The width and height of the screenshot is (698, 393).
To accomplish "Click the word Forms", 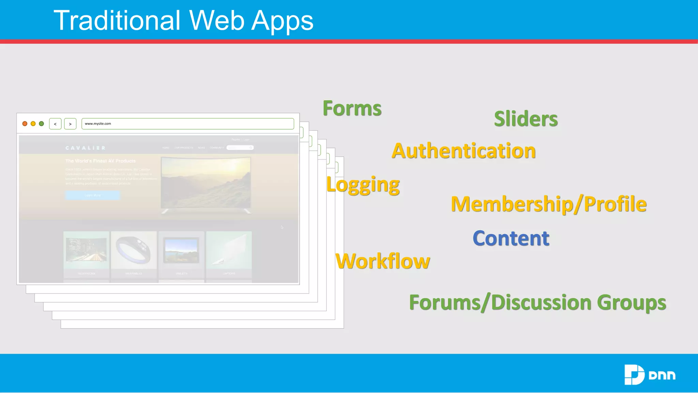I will point(352,108).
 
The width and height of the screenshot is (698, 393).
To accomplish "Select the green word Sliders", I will point(526,119).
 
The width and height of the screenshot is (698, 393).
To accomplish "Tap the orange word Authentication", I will point(464,151).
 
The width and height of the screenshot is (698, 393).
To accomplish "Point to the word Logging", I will point(363,185).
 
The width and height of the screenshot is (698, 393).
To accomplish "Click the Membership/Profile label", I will point(548,204).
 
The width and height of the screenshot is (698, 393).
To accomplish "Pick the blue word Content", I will point(511,238).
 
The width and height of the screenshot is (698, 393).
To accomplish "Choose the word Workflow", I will point(383,261).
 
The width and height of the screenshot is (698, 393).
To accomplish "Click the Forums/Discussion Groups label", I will point(537,302).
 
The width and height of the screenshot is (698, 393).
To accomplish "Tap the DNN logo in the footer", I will point(650,375).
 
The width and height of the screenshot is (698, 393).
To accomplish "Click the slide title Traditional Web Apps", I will point(183,20).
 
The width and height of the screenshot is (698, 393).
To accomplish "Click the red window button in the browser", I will point(25,123).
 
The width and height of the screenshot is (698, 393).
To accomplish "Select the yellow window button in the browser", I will point(33,123).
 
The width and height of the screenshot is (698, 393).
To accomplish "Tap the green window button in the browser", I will point(42,123).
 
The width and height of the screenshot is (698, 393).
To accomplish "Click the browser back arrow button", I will point(55,124).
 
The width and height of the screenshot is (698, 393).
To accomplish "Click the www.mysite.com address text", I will point(98,123).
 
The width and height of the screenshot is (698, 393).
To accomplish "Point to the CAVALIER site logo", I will point(85,148).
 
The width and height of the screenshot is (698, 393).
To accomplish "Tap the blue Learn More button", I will point(92,195).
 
